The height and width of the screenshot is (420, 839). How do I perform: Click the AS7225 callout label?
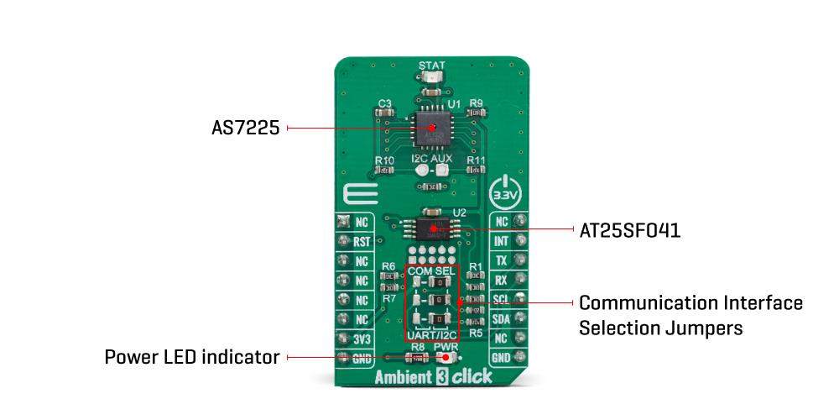[244, 129]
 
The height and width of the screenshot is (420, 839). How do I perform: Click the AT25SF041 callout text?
[629, 228]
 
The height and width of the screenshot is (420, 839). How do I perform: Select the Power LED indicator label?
[191, 357]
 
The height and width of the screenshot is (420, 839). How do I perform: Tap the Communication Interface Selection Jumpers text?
[690, 315]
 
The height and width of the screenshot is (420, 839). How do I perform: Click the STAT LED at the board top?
[432, 78]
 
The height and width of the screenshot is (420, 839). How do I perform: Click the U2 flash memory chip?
[432, 227]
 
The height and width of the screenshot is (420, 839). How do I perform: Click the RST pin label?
[362, 241]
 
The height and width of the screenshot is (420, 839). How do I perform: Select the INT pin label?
[502, 241]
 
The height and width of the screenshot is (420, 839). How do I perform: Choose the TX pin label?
[502, 260]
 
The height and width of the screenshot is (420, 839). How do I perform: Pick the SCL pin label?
[502, 300]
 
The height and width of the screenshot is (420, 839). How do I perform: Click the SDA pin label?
[502, 319]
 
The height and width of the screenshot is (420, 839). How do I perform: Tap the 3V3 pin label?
[362, 339]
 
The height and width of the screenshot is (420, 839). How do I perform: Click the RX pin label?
[502, 281]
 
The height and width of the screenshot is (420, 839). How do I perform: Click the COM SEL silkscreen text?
[431, 272]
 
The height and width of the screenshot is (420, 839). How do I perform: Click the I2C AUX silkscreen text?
[431, 158]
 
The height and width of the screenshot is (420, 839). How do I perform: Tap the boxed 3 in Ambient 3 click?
[440, 377]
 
